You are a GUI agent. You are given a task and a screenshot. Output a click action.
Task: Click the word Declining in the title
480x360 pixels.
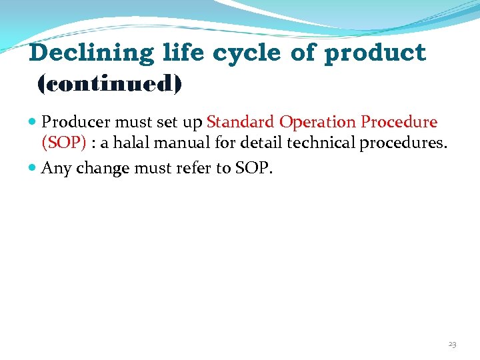91,53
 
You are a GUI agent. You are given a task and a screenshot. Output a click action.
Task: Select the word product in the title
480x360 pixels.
375,53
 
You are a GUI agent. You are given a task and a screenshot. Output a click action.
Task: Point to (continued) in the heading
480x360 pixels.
110,84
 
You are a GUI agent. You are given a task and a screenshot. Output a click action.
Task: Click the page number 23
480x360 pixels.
452,344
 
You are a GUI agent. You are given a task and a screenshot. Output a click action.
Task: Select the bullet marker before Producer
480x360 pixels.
33,123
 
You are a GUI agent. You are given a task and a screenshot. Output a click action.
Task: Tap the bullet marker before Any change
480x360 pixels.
33,169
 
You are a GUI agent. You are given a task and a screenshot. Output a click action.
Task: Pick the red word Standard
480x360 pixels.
240,123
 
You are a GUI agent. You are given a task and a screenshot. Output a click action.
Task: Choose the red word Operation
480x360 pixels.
317,123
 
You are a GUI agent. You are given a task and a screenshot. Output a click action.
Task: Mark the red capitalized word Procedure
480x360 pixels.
399,123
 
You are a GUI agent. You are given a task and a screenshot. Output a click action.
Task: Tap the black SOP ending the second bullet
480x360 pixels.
253,169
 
